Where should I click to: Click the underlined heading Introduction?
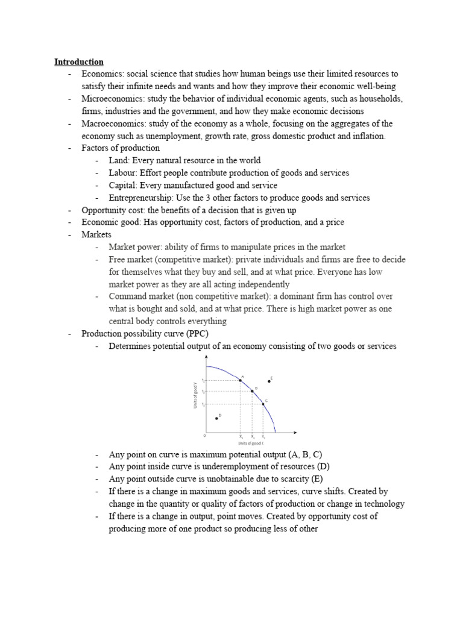[x=78, y=61]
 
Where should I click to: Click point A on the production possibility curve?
[x=241, y=380]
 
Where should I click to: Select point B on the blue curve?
[x=253, y=392]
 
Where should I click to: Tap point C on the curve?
[x=263, y=404]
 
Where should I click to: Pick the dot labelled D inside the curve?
[x=216, y=418]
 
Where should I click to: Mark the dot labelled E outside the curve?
[x=269, y=381]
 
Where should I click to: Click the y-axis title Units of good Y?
[x=195, y=395]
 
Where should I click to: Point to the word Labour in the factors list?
[x=122, y=173]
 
